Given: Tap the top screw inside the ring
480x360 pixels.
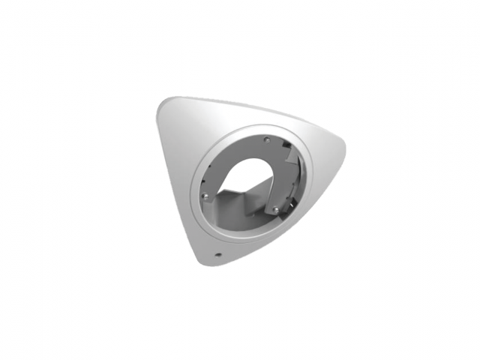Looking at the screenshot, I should [x=267, y=139].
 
